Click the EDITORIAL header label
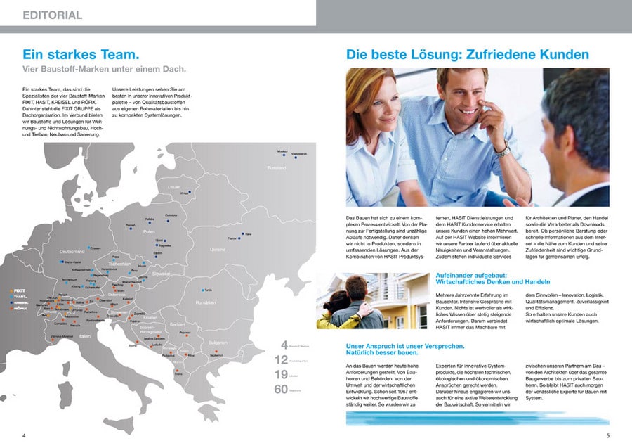point(52,15)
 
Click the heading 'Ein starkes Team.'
point(79,54)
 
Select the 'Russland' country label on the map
point(276,168)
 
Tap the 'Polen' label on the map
point(149,231)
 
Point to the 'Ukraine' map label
point(218,249)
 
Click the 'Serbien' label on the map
point(177,324)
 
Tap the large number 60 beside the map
point(281,388)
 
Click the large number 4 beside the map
point(284,345)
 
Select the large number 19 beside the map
point(281,374)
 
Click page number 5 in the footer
point(608,436)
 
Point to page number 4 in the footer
point(24,436)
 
